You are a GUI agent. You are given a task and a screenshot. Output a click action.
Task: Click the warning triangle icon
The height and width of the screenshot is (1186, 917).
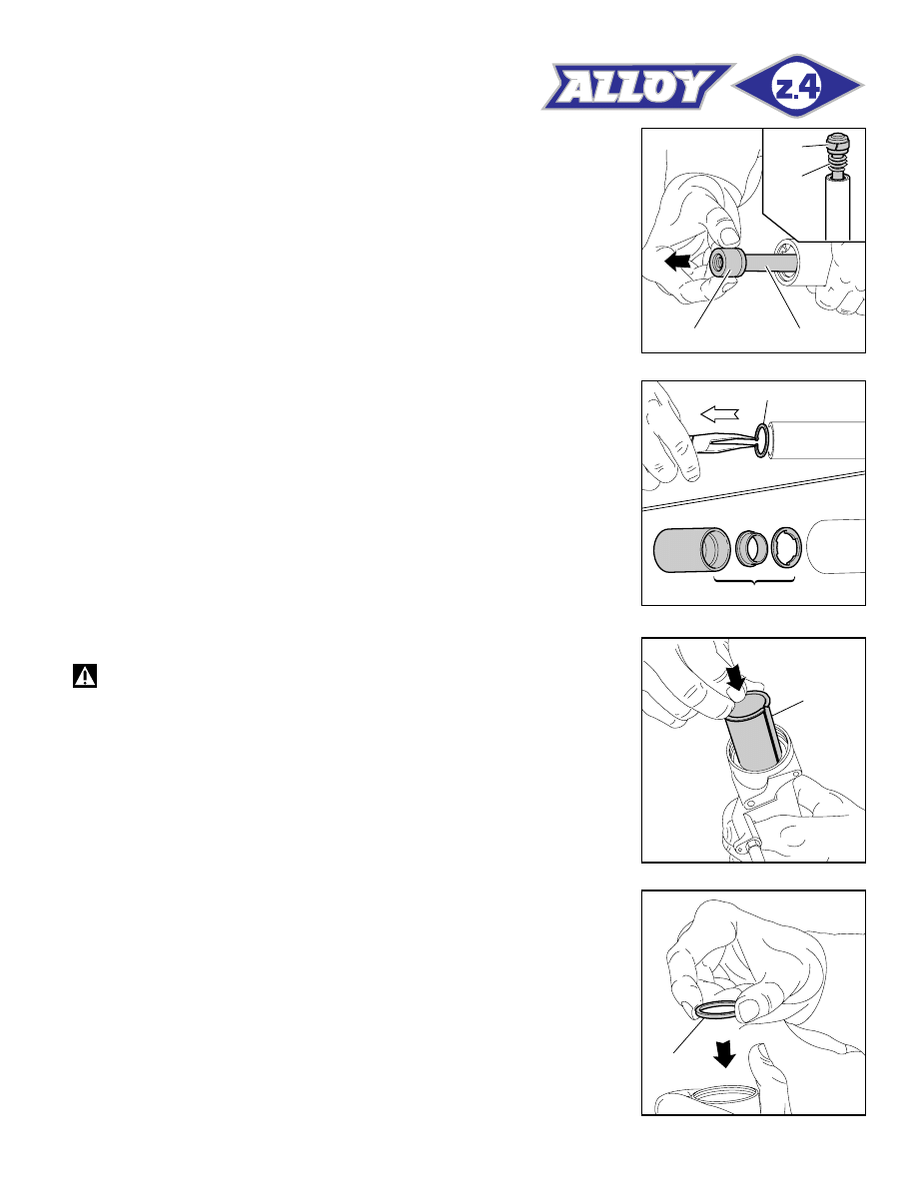coord(85,676)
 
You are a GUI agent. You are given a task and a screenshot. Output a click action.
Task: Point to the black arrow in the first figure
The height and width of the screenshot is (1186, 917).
coord(677,262)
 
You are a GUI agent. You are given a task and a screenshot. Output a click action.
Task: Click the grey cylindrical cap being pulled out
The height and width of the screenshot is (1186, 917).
coord(728,263)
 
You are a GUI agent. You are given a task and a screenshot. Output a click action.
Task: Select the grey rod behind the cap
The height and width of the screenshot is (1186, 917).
coord(771,265)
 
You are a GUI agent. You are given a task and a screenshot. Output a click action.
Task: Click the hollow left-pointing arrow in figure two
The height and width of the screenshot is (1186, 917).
coord(719,413)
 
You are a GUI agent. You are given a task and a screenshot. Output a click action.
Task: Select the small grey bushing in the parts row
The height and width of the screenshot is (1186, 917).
coord(751,548)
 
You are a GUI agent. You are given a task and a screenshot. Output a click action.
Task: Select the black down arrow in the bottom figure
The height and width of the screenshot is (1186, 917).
coord(725,1053)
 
